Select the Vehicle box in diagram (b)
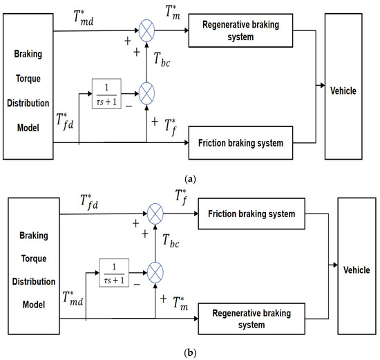tap(354, 265)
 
